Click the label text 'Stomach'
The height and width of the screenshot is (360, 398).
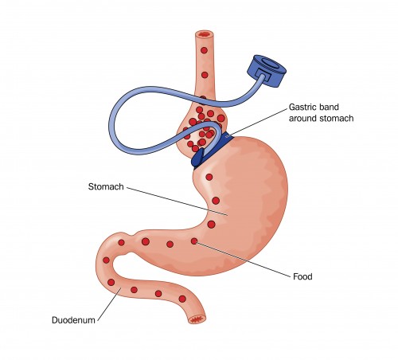[106, 186]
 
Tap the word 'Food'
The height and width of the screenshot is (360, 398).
[302, 276]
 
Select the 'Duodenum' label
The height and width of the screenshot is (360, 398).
[73, 320]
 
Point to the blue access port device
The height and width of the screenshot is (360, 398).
[267, 70]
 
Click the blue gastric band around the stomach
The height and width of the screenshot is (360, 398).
[213, 151]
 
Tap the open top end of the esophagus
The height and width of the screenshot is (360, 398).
[205, 34]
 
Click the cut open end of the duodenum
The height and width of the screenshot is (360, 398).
[197, 319]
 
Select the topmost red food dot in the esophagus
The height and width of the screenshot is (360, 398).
[204, 50]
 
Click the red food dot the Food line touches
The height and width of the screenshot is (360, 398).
[194, 241]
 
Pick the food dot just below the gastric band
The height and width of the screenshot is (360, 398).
[209, 177]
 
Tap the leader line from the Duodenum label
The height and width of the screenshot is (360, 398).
[109, 304]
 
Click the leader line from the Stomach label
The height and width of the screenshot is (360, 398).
[177, 201]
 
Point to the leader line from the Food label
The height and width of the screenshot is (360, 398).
[243, 259]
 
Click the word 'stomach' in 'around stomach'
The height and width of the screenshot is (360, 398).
[337, 118]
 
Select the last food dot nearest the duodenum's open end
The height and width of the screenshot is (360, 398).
[182, 299]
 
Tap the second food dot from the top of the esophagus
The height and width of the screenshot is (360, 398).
[205, 75]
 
